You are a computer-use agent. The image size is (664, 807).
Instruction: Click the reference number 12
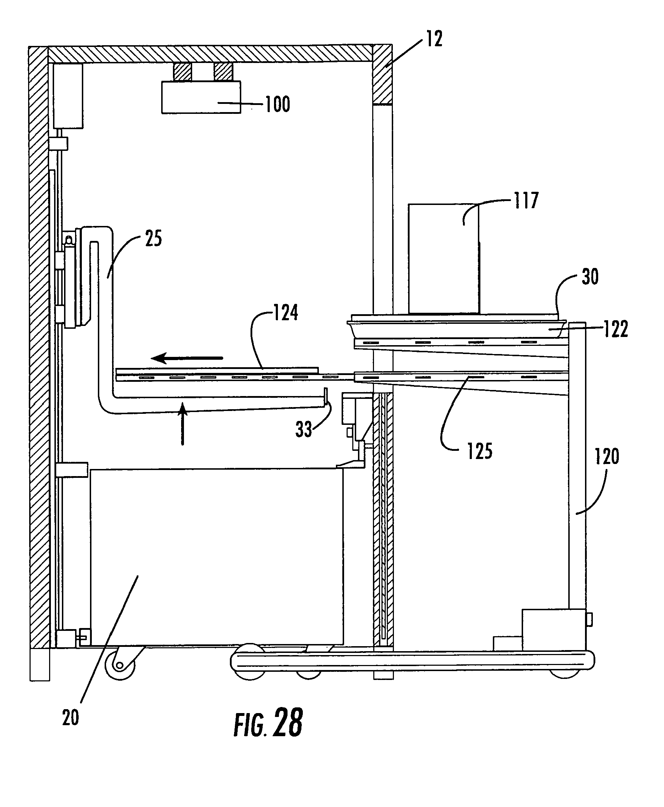pos(434,39)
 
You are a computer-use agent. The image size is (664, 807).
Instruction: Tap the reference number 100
pos(278,104)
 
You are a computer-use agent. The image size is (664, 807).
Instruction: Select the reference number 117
pos(526,201)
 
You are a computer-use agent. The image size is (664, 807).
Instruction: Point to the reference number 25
pos(153,239)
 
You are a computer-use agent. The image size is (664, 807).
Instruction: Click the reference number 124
pos(286,313)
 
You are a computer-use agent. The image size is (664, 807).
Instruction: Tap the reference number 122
pos(616,329)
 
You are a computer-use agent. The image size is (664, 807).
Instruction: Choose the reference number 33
pos(304,429)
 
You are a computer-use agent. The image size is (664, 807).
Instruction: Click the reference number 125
pos(480,451)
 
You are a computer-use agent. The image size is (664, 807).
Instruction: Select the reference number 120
pos(607,457)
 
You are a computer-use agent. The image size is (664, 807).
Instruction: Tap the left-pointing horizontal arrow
pos(187,358)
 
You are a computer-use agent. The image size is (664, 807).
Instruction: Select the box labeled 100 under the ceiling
pos(201,97)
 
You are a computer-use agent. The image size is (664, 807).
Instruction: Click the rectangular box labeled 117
pos(443,259)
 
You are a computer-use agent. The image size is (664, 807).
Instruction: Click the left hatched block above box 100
pos(183,72)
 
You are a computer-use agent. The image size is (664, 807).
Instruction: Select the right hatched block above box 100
pos(223,72)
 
